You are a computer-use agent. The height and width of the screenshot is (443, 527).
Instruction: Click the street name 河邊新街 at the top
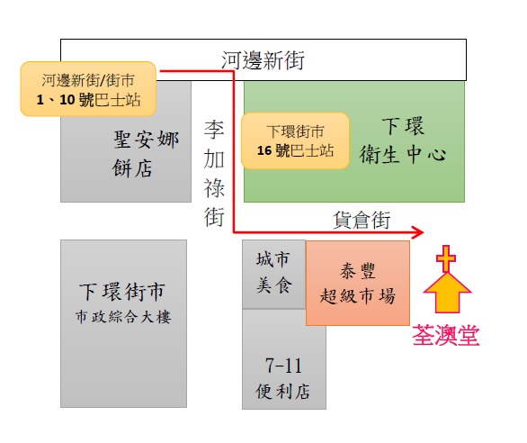pyautogui.click(x=263, y=60)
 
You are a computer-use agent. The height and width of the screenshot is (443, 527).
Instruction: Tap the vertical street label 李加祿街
pyautogui.click(x=214, y=174)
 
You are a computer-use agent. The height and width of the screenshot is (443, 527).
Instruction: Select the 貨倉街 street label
pyautogui.click(x=362, y=220)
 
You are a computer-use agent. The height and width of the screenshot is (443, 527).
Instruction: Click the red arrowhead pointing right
pyautogui.click(x=418, y=232)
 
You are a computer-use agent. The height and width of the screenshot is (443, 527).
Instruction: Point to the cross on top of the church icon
pyautogui.click(x=446, y=258)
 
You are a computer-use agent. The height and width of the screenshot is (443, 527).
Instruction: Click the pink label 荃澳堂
pyautogui.click(x=446, y=335)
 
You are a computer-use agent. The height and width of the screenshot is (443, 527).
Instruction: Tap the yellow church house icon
pyautogui.click(x=447, y=293)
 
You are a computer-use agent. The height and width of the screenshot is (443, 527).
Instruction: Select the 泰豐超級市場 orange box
pyautogui.click(x=358, y=283)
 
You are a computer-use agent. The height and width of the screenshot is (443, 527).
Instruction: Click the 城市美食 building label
pyautogui.click(x=272, y=273)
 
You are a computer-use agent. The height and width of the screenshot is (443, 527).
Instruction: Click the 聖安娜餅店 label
pyautogui.click(x=146, y=154)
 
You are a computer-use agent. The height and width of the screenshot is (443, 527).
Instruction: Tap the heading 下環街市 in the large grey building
pyautogui.click(x=122, y=292)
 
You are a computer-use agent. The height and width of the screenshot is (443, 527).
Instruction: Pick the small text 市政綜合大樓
pyautogui.click(x=123, y=317)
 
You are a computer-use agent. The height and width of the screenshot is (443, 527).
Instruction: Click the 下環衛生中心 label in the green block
pyautogui.click(x=403, y=140)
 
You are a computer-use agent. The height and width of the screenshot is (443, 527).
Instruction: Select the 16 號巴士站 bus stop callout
pyautogui.click(x=296, y=140)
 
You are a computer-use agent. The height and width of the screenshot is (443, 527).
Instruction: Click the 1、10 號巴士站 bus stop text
pyautogui.click(x=88, y=100)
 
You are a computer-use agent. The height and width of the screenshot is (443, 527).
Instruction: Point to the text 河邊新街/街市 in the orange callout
pyautogui.click(x=88, y=80)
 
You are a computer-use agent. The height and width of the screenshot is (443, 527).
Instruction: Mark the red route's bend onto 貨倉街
pyautogui.click(x=234, y=232)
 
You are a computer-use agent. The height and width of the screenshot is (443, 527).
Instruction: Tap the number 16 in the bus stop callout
pyautogui.click(x=264, y=150)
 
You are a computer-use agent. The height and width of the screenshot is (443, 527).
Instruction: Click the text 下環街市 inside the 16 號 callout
pyautogui.click(x=296, y=131)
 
